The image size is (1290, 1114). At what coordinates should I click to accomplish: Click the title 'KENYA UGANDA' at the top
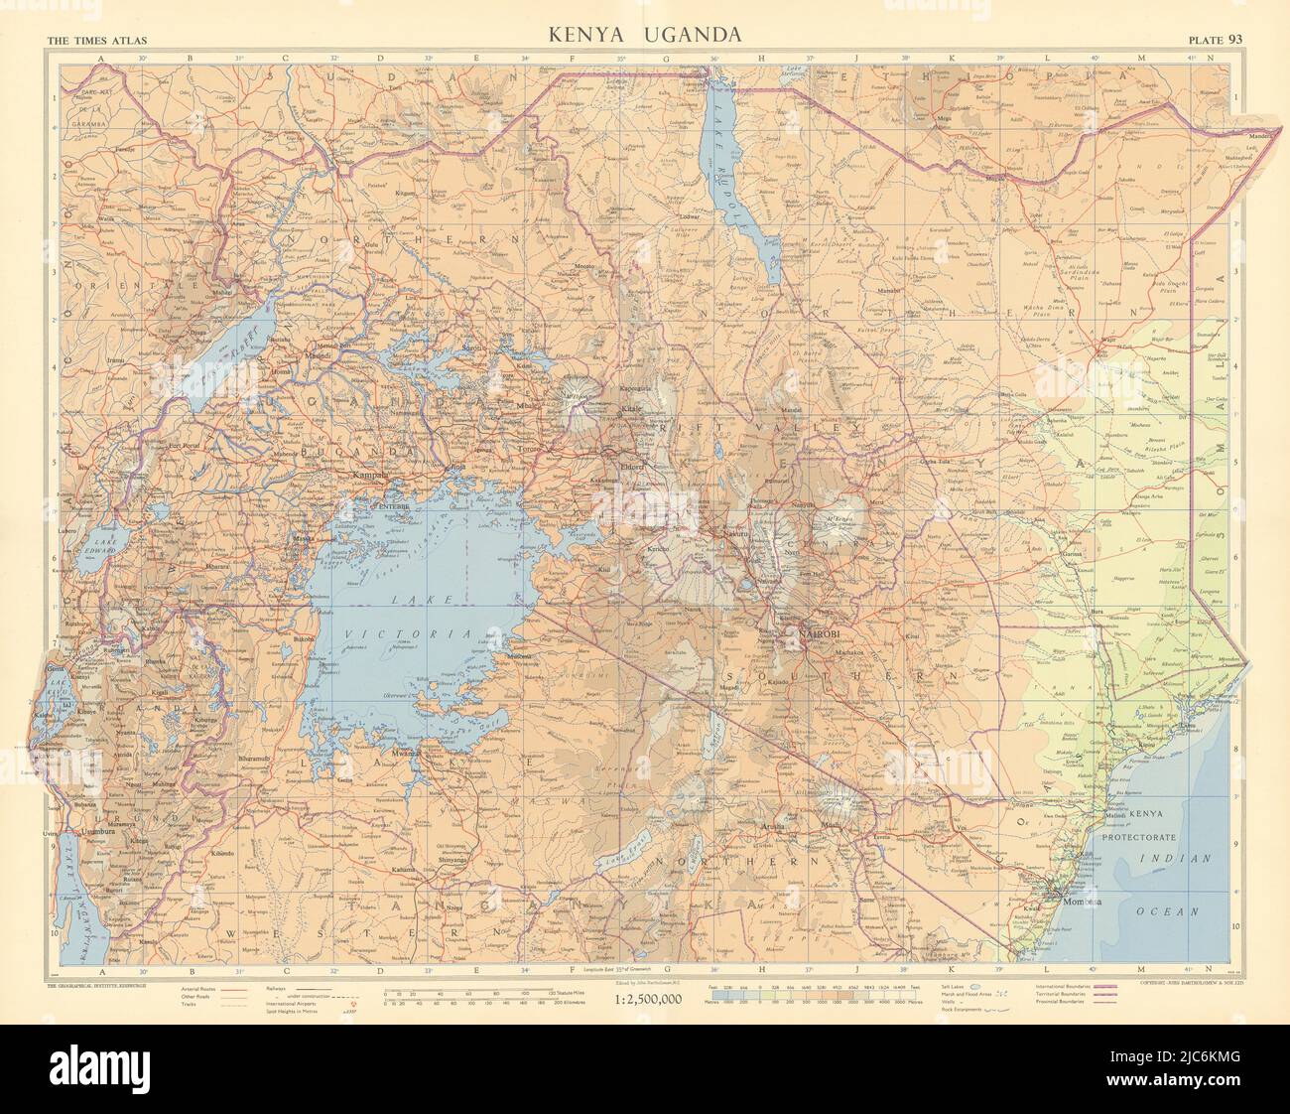pyautogui.click(x=645, y=35)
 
